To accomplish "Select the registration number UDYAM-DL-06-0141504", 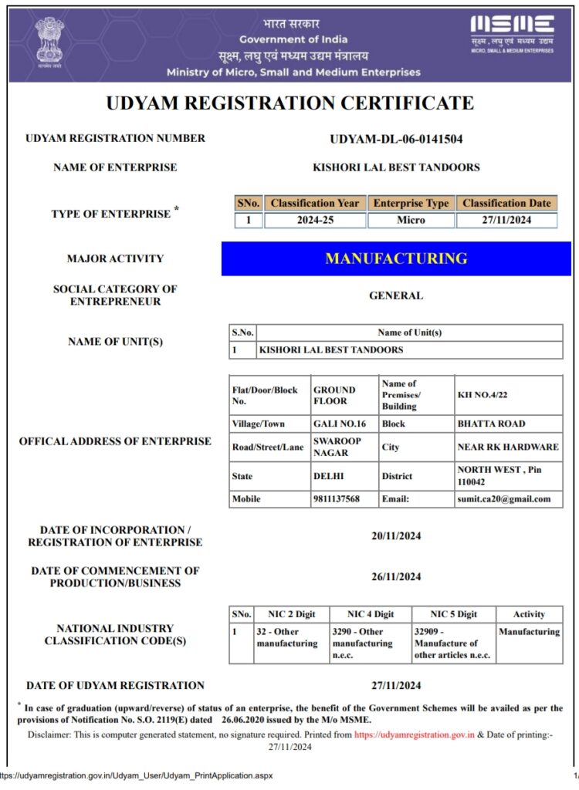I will (396, 140).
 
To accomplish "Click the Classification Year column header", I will (314, 203).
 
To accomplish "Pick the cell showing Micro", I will (411, 220).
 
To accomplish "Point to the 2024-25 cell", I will (314, 220).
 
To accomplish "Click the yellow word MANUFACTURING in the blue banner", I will (396, 258).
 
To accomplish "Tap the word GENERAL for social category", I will (396, 295).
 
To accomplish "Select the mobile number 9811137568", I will (336, 499).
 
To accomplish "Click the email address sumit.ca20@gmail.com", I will (504, 499).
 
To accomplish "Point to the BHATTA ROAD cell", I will (491, 424).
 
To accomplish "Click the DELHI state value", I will (329, 476).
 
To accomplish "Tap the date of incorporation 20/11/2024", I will (396, 535).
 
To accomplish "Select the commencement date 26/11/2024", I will (396, 576).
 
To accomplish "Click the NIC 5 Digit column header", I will (452, 614).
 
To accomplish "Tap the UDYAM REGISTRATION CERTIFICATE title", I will (289, 103).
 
